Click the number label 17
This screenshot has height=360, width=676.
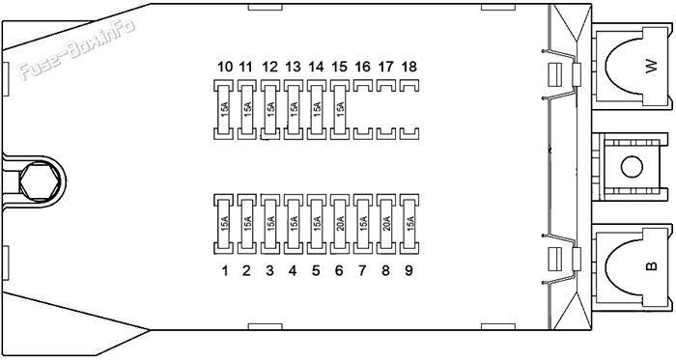coord(385,68)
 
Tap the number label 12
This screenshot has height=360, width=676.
coord(269,68)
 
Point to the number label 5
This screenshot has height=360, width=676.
coord(316,270)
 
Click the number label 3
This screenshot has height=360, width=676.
coord(269,270)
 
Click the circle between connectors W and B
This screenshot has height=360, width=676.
coord(631,166)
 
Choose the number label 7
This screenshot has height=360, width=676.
coord(362,270)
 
